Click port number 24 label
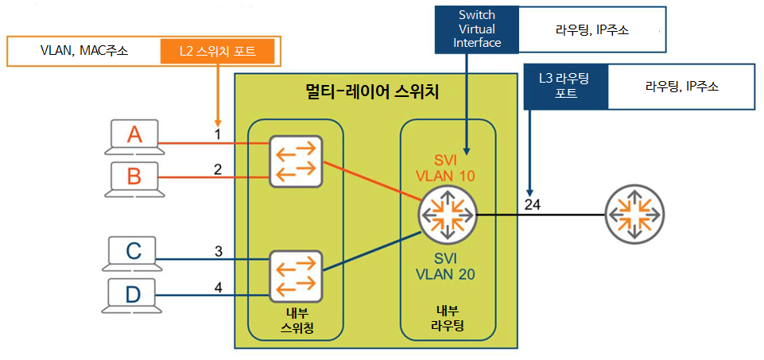[x=532, y=204]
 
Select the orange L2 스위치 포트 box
[x=217, y=52]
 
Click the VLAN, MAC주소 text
[x=84, y=52]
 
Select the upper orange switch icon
[x=295, y=161]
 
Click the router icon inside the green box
[x=448, y=215]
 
